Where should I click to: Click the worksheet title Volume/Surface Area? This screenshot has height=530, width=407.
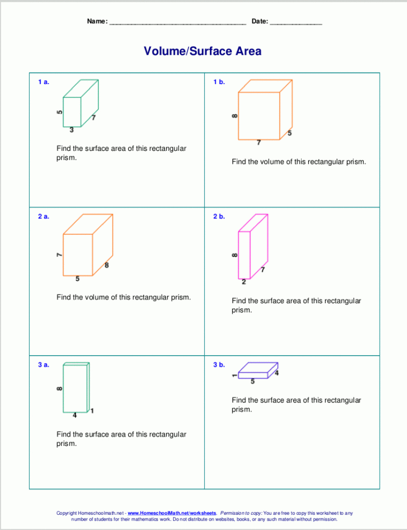pos(203,51)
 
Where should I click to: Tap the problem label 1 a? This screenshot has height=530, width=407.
pos(44,82)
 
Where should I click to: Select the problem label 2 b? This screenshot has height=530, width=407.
pos(219,216)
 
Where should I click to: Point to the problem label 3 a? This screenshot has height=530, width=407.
pos(44,364)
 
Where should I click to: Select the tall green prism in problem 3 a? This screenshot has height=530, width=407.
pos(75,387)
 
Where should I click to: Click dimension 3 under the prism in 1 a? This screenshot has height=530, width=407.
pos(72,129)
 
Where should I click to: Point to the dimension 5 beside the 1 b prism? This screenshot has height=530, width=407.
pos(290,133)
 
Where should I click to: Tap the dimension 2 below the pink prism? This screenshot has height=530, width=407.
pos(244,282)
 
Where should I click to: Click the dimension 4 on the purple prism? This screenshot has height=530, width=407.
pos(276,373)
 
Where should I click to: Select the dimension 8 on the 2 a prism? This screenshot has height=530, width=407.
pos(107,266)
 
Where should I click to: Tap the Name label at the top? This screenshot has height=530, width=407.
pos(97,21)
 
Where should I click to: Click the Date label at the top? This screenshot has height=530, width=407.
pos(259,21)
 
